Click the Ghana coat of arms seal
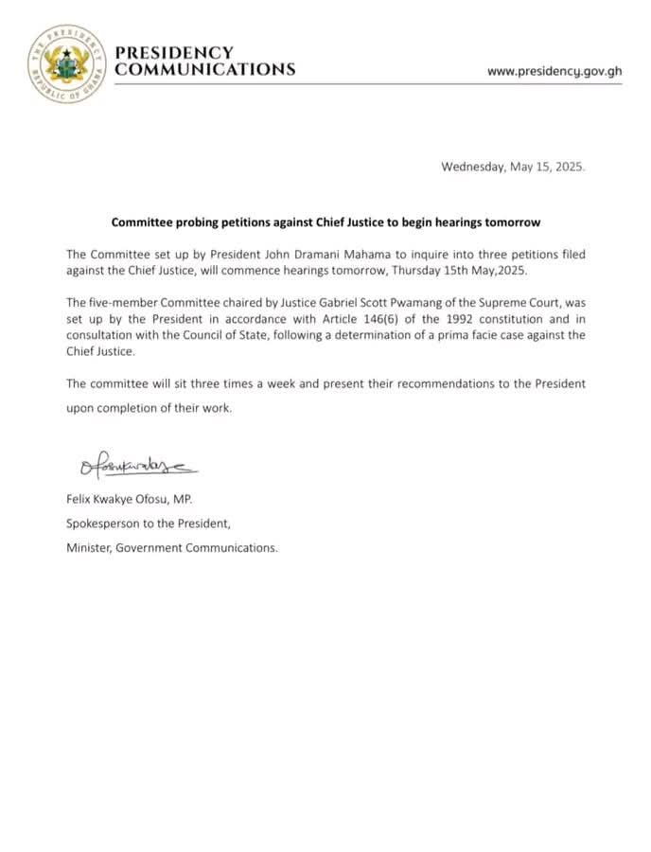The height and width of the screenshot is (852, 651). click(x=66, y=63)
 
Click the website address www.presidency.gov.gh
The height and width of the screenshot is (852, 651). click(x=554, y=71)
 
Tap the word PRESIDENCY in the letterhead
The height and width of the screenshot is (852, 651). click(x=173, y=52)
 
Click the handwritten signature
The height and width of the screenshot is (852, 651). click(x=132, y=465)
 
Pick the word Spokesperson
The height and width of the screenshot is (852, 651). click(x=105, y=523)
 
